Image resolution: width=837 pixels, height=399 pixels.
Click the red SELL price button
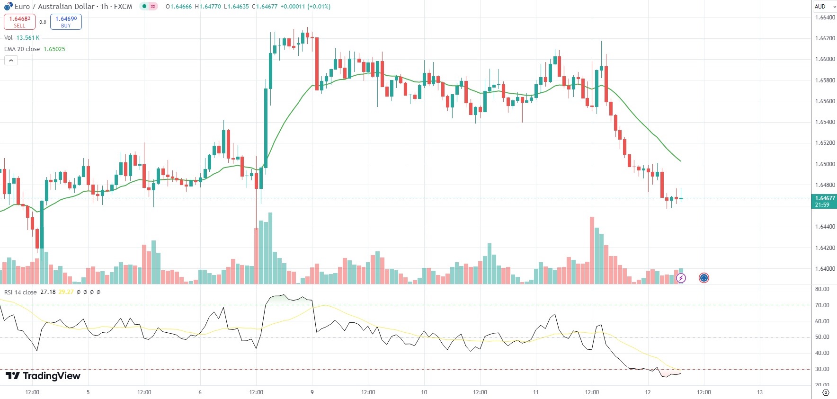[x=19, y=22]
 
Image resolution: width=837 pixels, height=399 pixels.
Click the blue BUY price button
[x=66, y=22]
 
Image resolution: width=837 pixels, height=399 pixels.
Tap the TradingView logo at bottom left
[x=43, y=376]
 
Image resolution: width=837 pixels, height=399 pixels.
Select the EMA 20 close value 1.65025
[x=54, y=49]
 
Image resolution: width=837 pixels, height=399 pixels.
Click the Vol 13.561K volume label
[x=22, y=38]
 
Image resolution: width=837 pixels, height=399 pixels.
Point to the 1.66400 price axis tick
[x=825, y=18]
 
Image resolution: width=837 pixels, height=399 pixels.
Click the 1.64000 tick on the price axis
[x=825, y=269]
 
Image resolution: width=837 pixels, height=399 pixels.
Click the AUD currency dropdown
[x=825, y=7]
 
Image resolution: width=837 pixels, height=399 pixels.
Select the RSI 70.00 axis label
[x=822, y=305]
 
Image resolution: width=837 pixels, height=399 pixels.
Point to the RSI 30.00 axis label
[x=822, y=369]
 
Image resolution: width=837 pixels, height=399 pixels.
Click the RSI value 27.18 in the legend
[x=48, y=292]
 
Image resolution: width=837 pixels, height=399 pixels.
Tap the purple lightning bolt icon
[x=681, y=278]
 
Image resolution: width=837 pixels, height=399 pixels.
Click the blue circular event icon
[x=704, y=278]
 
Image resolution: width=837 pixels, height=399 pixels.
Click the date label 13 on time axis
[x=760, y=392]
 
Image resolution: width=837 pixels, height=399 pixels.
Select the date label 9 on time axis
[x=312, y=392]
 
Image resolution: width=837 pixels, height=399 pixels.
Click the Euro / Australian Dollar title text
[x=54, y=7]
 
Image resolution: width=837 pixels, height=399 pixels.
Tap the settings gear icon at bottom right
[x=826, y=393]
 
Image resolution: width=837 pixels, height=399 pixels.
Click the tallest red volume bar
[x=592, y=250]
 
